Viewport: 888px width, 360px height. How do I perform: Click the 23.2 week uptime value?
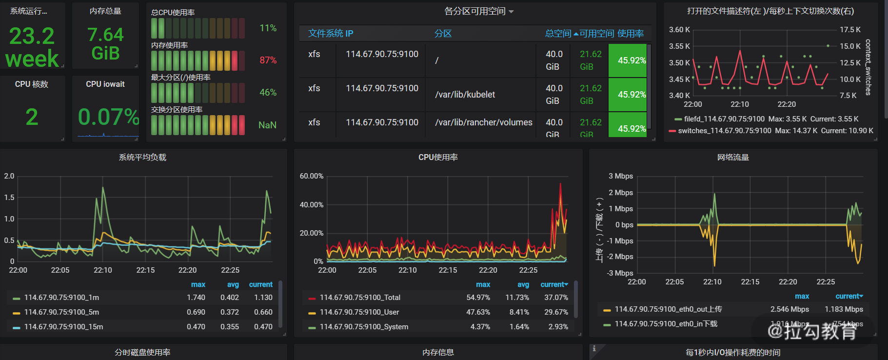tap(32, 47)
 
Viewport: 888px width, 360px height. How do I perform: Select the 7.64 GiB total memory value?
tap(105, 44)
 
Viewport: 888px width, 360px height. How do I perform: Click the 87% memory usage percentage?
tap(268, 60)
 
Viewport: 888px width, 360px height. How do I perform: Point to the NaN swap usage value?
tap(267, 125)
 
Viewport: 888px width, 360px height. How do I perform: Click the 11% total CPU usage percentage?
tap(268, 28)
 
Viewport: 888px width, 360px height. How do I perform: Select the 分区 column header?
tap(443, 34)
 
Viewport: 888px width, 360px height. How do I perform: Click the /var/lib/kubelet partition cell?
tap(465, 95)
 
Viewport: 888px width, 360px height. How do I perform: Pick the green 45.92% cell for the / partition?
tap(628, 60)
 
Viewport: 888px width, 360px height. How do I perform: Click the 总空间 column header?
tap(558, 34)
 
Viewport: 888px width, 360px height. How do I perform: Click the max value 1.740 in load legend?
tap(196, 298)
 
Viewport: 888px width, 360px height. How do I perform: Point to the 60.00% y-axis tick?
tap(312, 176)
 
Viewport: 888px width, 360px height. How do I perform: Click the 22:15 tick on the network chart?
tap(750, 282)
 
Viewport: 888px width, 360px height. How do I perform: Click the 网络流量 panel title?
tap(733, 158)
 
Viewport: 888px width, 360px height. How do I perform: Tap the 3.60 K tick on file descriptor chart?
tap(679, 30)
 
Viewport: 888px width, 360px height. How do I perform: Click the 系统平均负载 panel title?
tap(142, 158)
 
